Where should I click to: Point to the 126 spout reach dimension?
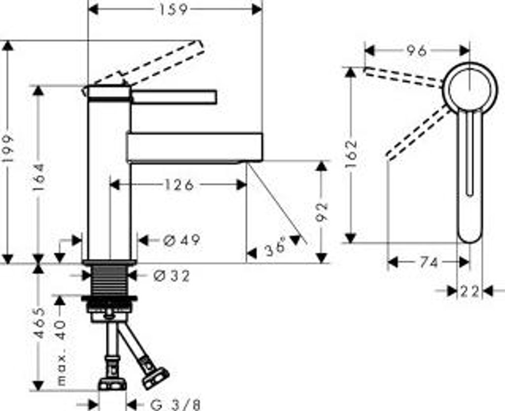[x=178, y=185]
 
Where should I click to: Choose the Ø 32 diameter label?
[x=172, y=276]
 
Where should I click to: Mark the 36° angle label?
[x=275, y=248]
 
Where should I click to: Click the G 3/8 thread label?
[x=175, y=405]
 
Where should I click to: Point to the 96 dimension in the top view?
[x=416, y=51]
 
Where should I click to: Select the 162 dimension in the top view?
[x=351, y=154]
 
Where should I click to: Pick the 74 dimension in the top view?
[x=429, y=263]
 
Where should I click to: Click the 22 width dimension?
[x=469, y=291]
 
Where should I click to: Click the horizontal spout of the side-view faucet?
[x=194, y=147]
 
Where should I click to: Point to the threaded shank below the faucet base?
[x=108, y=281]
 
